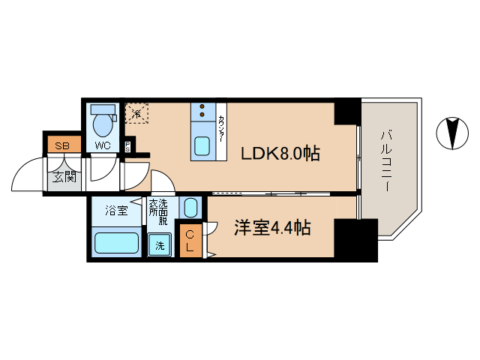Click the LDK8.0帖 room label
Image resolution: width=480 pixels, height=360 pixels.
(x=280, y=154)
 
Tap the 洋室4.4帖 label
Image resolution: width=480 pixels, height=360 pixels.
(x=271, y=228)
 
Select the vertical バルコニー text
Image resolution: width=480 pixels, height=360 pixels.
(x=386, y=160)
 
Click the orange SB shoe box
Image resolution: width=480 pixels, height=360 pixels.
(x=61, y=145)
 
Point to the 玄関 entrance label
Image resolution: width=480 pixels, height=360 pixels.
(x=63, y=177)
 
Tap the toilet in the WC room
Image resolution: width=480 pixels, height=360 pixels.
(x=101, y=118)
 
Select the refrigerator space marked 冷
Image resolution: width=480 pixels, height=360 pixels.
(x=136, y=112)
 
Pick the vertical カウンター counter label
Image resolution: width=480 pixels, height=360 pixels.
(x=222, y=130)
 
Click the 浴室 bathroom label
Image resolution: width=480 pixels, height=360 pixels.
(x=116, y=211)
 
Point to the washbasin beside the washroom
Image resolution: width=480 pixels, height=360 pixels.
(x=190, y=208)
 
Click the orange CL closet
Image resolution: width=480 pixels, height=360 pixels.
(x=190, y=241)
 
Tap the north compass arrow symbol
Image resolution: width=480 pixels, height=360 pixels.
(x=450, y=133)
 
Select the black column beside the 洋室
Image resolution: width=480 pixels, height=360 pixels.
(x=355, y=239)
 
